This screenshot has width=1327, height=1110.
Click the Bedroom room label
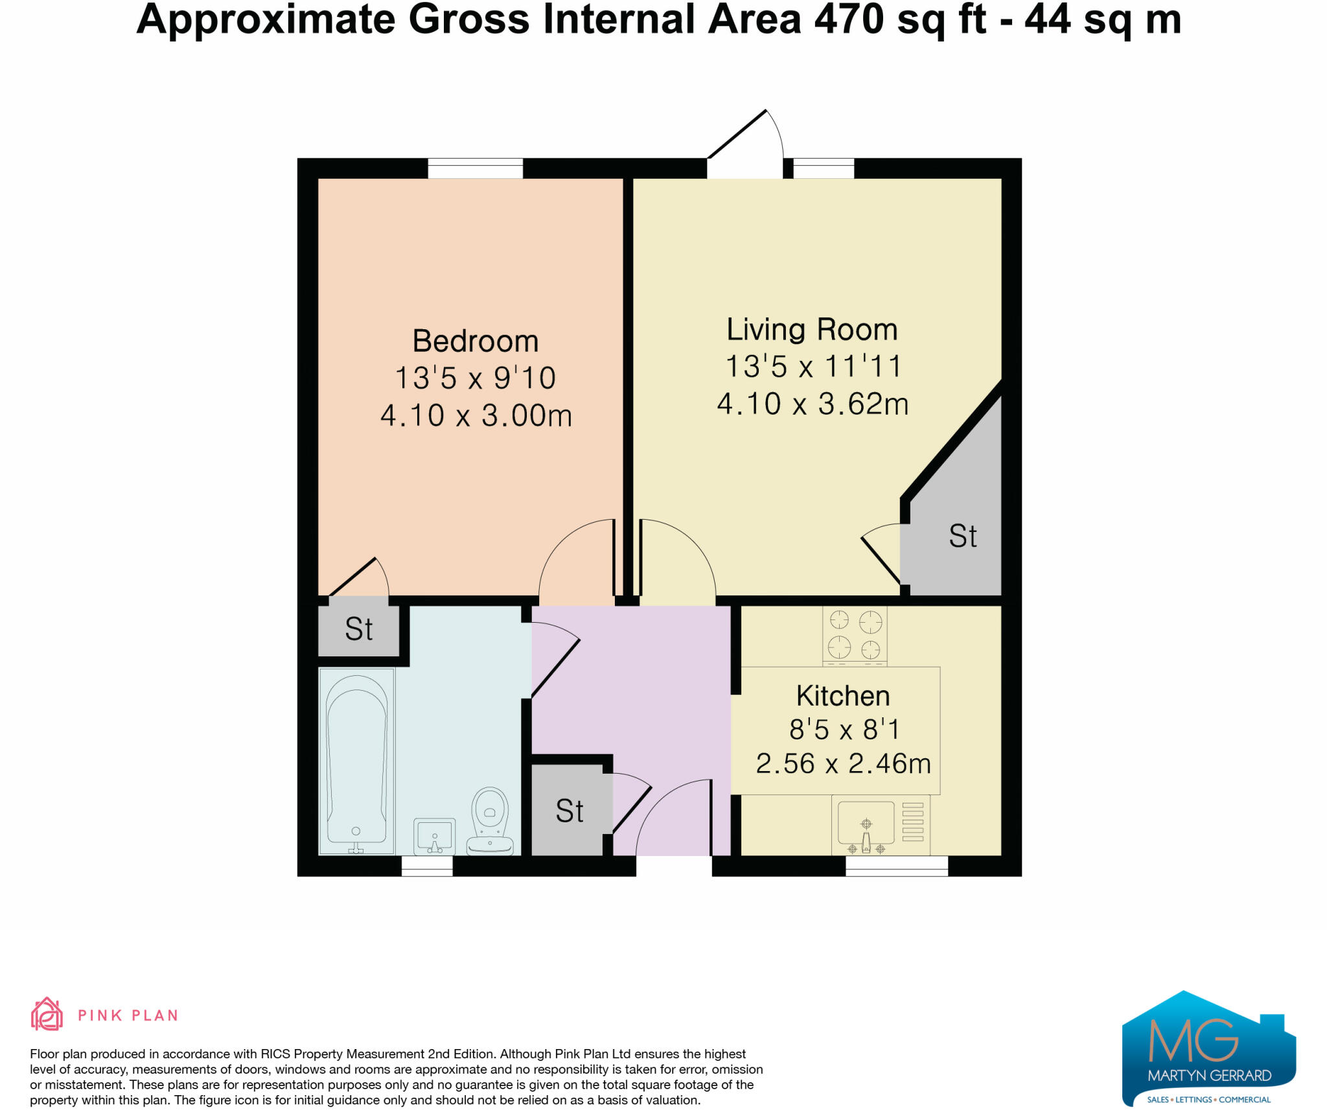pyautogui.click(x=476, y=341)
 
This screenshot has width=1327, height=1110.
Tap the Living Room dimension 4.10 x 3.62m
pyautogui.click(x=813, y=404)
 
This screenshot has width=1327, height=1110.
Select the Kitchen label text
pyautogui.click(x=843, y=696)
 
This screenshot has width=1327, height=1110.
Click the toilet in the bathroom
pyautogui.click(x=490, y=820)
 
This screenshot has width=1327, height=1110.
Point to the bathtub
pyautogui.click(x=356, y=761)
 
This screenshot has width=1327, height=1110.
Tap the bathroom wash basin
pyautogui.click(x=434, y=836)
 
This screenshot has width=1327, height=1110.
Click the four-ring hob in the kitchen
pyautogui.click(x=855, y=635)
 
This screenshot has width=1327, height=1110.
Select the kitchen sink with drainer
pyautogui.click(x=881, y=825)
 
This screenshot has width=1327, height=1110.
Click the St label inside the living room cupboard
pyautogui.click(x=962, y=536)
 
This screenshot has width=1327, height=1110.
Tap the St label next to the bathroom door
pyautogui.click(x=358, y=629)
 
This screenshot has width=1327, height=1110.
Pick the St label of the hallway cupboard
pyautogui.click(x=570, y=811)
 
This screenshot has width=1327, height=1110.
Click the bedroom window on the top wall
pyautogui.click(x=475, y=168)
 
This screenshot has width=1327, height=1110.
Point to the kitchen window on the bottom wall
pyautogui.click(x=897, y=866)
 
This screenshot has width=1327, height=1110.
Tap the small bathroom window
pyautogui.click(x=427, y=866)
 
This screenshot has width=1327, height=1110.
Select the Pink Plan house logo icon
pyautogui.click(x=47, y=1014)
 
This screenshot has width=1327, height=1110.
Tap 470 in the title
pyautogui.click(x=849, y=19)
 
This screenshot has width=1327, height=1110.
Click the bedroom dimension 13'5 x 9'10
pyautogui.click(x=476, y=378)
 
